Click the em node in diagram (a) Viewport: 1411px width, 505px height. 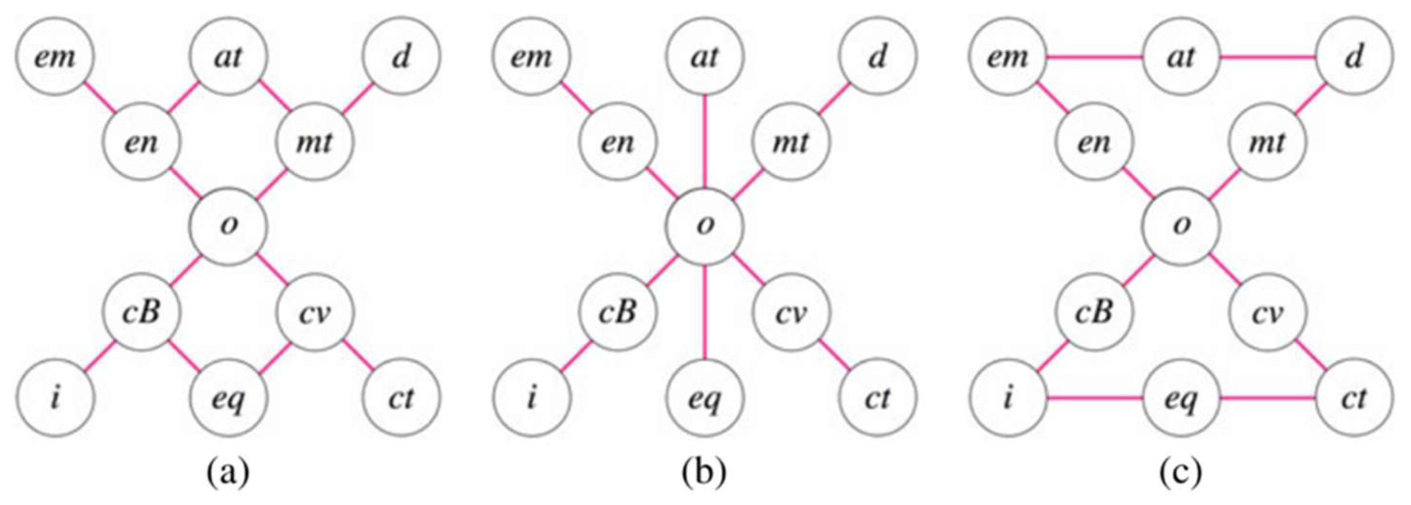click(x=55, y=56)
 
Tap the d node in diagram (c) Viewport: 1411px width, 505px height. click(x=1353, y=56)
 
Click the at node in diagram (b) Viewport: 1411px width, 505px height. click(x=705, y=56)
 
